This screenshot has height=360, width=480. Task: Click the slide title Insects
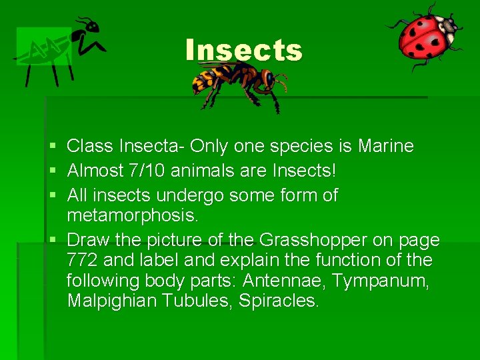click(x=244, y=51)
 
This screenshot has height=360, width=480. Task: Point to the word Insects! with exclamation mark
click(x=305, y=171)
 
